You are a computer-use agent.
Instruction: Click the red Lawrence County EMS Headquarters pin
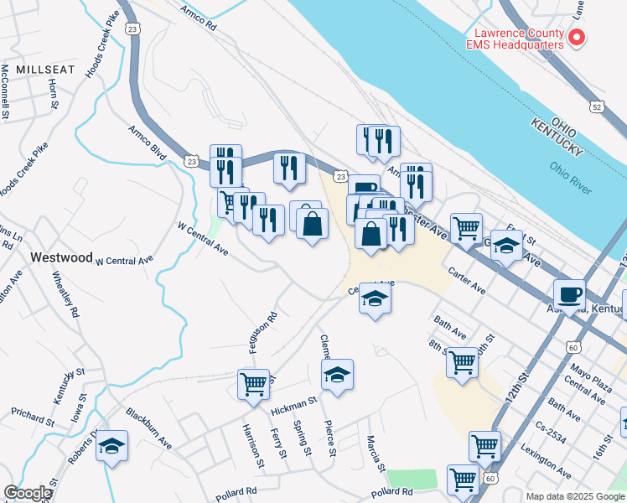[577, 38]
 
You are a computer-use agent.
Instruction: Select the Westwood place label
[61, 257]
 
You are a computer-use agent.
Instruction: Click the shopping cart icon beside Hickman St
[253, 384]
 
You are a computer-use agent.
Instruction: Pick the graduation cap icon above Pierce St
[337, 375]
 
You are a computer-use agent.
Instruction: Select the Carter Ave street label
[467, 282]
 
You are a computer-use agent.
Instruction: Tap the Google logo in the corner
[28, 493]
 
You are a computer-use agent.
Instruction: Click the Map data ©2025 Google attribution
[574, 496]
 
